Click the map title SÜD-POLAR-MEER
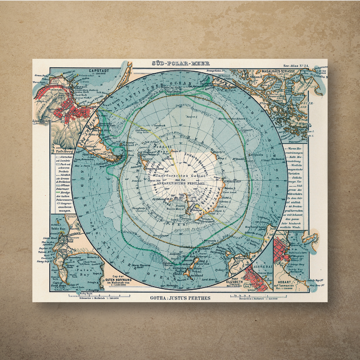click(181, 63)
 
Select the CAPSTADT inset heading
click(99, 71)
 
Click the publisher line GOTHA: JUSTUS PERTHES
click(180, 298)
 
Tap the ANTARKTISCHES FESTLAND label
click(180, 183)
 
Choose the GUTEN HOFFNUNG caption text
click(118, 279)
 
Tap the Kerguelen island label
click(256, 155)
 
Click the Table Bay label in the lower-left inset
click(58, 229)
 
